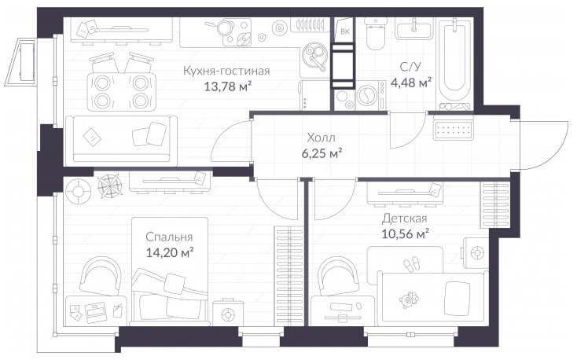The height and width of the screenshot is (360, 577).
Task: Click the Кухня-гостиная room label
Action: click(226, 70)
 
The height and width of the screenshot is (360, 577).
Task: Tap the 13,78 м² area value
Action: click(228, 86)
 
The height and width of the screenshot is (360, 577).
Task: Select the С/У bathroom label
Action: click(410, 67)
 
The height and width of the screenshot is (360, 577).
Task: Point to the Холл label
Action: click(321, 138)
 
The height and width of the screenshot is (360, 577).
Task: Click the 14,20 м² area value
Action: click(170, 252)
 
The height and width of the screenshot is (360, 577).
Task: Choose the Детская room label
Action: click(404, 219)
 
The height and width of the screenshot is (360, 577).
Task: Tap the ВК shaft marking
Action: click(345, 31)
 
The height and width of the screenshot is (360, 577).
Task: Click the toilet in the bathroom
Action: click(376, 34)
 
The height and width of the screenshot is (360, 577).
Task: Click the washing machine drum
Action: click(366, 96)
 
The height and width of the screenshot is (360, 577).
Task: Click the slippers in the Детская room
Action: click(411, 263)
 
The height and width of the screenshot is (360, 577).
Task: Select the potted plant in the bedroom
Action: click(110, 186)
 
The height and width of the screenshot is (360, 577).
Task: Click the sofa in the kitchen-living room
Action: click(121, 141)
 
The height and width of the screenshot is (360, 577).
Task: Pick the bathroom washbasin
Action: click(414, 28)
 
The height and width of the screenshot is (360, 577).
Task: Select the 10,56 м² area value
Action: click(405, 233)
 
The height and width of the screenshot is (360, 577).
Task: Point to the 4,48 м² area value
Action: click(411, 82)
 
